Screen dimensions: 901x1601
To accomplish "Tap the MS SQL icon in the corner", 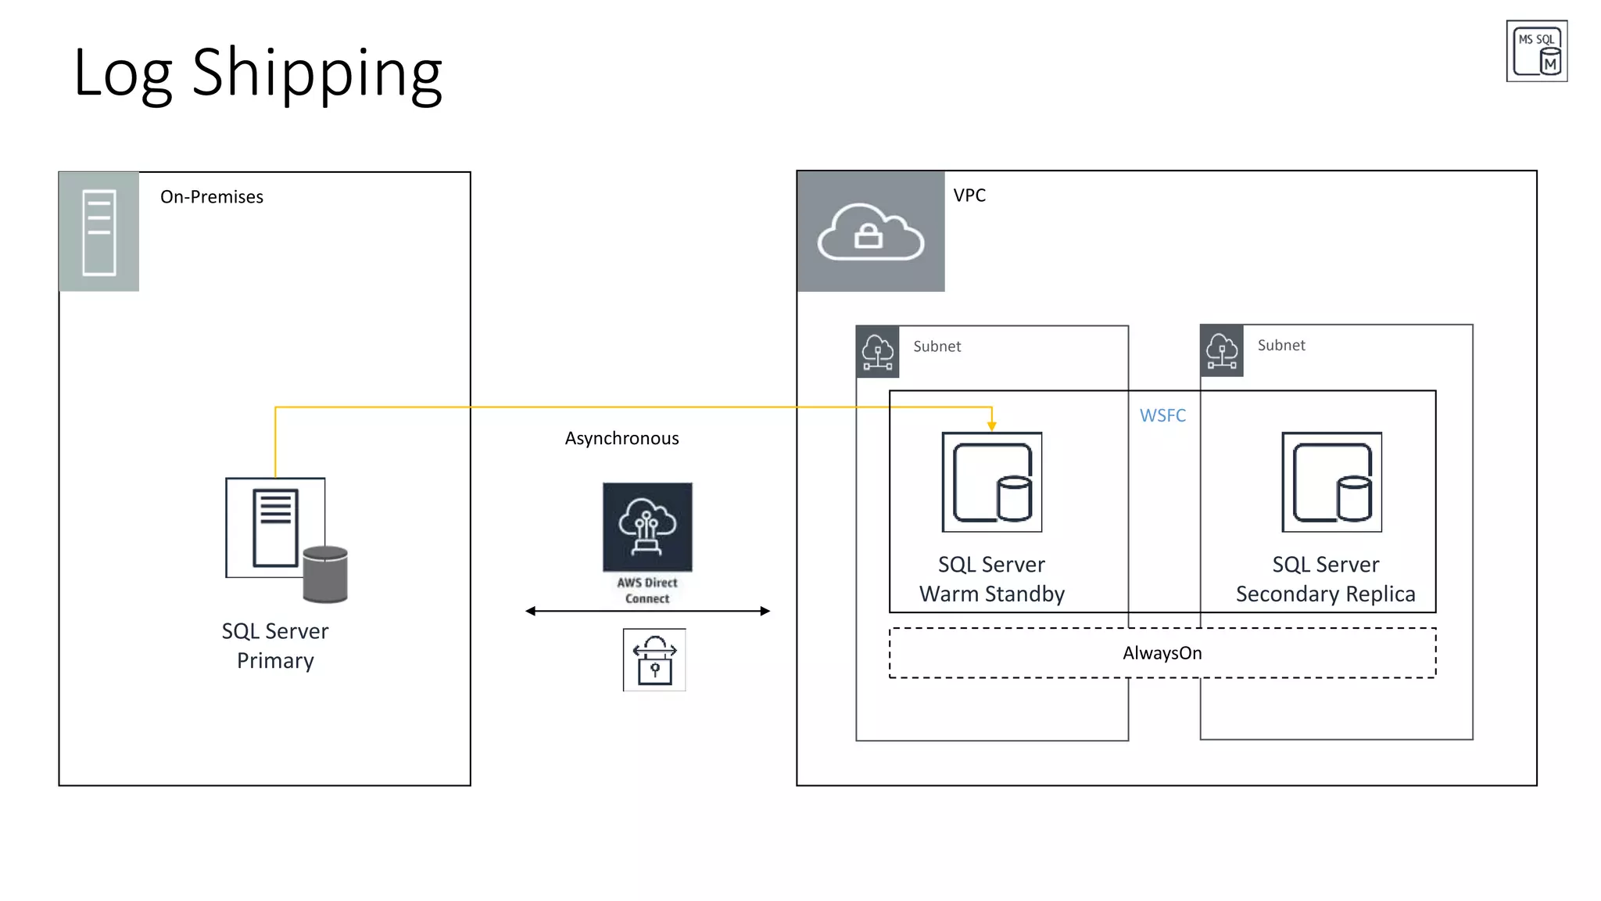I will click(x=1536, y=52).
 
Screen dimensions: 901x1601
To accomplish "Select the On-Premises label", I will click(x=211, y=197).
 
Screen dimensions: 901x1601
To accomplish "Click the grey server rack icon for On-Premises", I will click(x=99, y=232).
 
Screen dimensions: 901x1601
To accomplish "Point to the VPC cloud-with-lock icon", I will click(x=870, y=232).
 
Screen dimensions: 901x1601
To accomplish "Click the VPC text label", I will click(x=969, y=196).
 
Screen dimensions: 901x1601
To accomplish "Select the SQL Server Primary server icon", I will click(x=275, y=528).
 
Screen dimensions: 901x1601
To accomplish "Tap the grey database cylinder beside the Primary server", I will click(x=325, y=575).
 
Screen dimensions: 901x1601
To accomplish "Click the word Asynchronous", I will click(x=621, y=439).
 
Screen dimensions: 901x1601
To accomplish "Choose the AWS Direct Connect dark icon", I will click(x=647, y=527).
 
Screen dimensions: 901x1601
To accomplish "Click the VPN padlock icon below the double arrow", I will click(x=654, y=660).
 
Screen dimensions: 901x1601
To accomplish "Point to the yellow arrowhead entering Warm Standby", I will click(x=991, y=425).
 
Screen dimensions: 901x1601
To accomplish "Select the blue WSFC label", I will click(x=1162, y=416).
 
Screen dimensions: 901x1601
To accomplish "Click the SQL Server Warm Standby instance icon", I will click(x=991, y=482).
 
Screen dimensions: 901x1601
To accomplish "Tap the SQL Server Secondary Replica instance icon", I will click(x=1331, y=482).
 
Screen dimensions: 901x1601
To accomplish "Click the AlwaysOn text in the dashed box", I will click(x=1162, y=653).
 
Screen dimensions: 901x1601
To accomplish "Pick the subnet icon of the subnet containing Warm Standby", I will click(x=877, y=352).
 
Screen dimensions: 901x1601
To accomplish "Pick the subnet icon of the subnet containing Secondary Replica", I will click(x=1221, y=351).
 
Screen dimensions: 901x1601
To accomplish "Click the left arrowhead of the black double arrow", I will click(x=531, y=611).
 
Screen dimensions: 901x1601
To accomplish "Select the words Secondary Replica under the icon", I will click(x=1325, y=594).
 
